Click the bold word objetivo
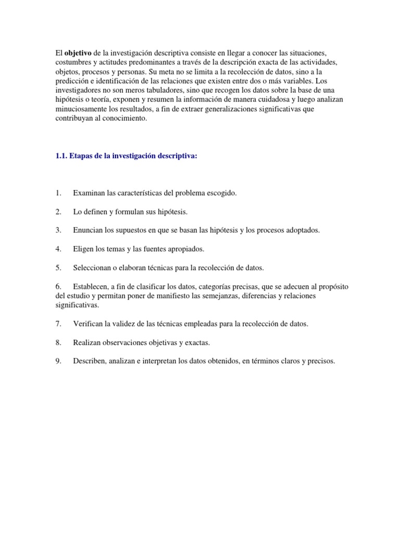point(78,53)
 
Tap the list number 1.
point(58,193)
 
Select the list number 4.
point(58,249)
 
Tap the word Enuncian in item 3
point(89,231)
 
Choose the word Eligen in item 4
point(84,249)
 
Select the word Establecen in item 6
point(92,286)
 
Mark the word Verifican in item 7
point(89,324)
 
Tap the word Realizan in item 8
point(87,342)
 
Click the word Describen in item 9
point(91,361)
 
